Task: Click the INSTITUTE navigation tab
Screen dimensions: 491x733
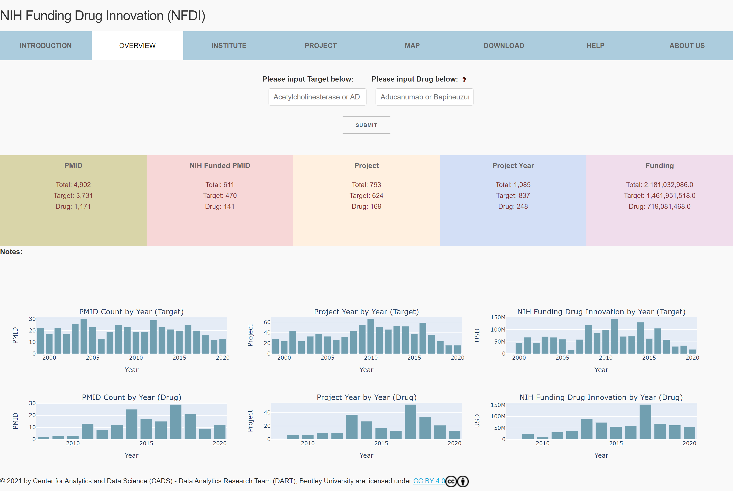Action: click(229, 46)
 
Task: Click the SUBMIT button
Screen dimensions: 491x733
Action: click(366, 125)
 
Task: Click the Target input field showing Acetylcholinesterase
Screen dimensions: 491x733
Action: click(317, 97)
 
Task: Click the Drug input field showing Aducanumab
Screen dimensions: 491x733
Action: click(424, 97)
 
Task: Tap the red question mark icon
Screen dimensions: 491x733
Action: click(464, 80)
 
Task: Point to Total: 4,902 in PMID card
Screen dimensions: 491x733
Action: click(73, 185)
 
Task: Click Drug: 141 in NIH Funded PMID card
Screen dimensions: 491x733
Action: click(219, 206)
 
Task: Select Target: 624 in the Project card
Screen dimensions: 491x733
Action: click(366, 195)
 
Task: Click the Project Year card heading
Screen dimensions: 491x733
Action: click(513, 165)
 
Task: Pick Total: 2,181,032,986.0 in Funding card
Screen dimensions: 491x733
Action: click(659, 185)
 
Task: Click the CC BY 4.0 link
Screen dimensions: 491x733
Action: click(429, 481)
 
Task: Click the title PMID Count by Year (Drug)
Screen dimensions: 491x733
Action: click(131, 397)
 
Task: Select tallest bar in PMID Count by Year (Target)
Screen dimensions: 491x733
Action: click(84, 337)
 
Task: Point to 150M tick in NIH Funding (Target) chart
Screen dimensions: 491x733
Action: click(498, 317)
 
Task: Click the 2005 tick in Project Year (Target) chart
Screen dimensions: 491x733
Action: click(327, 358)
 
